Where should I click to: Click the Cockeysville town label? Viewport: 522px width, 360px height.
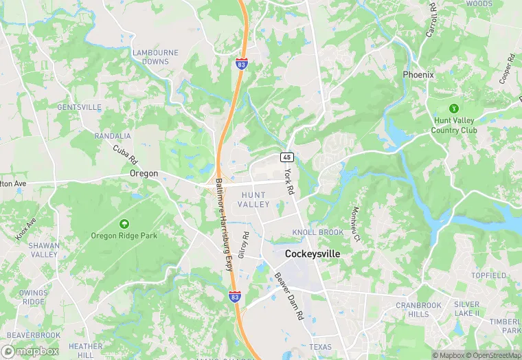(x=312, y=254)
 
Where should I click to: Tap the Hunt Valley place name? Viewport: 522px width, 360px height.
(x=254, y=200)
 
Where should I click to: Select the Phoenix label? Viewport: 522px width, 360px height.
(x=418, y=74)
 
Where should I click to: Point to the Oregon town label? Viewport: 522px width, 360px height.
(x=144, y=174)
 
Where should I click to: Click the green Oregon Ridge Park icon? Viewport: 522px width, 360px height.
(x=124, y=223)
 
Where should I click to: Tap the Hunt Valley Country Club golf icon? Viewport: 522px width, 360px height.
(x=453, y=108)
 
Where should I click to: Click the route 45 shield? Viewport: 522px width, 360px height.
(x=287, y=157)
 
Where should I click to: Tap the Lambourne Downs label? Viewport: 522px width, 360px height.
(x=155, y=57)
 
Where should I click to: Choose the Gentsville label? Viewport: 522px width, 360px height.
(x=79, y=107)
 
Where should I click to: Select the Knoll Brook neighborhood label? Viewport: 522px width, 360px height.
(x=317, y=233)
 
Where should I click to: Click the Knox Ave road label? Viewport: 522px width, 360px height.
(x=25, y=229)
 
